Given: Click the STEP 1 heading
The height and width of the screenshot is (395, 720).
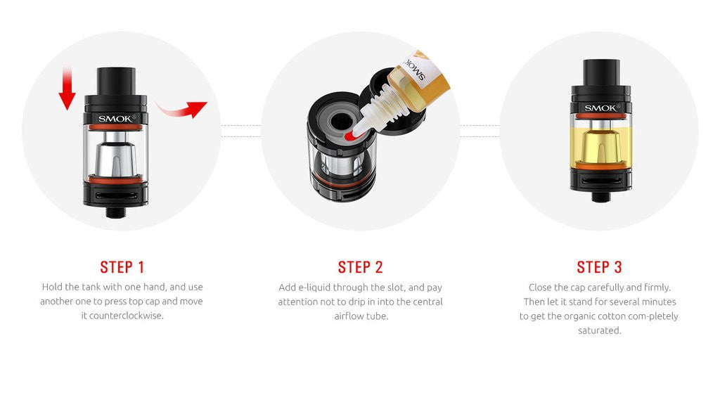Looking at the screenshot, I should tap(122, 267).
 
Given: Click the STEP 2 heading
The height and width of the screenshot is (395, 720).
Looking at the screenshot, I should tap(360, 267).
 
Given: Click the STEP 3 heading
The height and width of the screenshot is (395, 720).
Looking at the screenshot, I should tap(599, 267).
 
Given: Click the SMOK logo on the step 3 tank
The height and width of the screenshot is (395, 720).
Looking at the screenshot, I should tap(600, 108).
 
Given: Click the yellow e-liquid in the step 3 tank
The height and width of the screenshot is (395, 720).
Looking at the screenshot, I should tap(600, 141).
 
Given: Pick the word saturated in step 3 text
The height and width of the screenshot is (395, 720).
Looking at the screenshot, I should tap(599, 330).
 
